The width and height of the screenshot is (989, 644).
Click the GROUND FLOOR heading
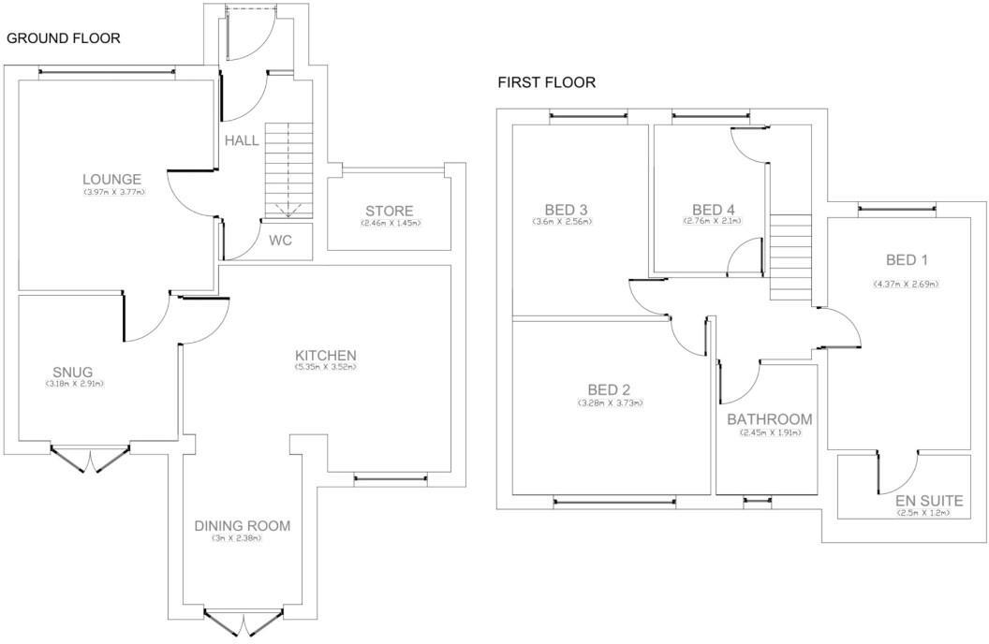pyautogui.click(x=64, y=38)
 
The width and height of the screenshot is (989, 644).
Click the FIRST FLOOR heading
pyautogui.click(x=546, y=82)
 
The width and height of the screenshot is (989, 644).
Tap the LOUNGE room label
pyautogui.click(x=111, y=180)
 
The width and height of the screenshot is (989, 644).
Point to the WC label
pyautogui.click(x=280, y=241)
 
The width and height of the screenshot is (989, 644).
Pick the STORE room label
pyautogui.click(x=389, y=211)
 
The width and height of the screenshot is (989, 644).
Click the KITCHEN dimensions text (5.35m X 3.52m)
pyautogui.click(x=325, y=368)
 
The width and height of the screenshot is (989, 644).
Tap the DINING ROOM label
pyautogui.click(x=242, y=526)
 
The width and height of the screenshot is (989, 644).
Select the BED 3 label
pyautogui.click(x=566, y=209)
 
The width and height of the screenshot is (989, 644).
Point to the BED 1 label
pyautogui.click(x=906, y=259)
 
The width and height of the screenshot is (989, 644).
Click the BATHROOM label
pyautogui.click(x=769, y=419)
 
